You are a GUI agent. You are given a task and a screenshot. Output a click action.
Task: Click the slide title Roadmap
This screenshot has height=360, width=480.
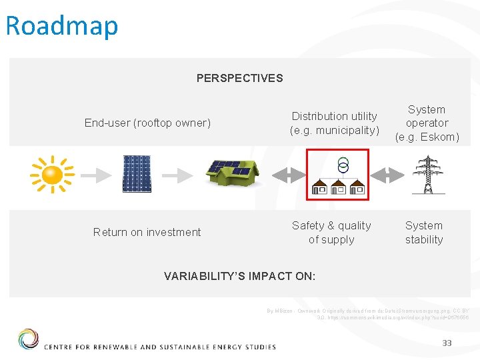point(61,26)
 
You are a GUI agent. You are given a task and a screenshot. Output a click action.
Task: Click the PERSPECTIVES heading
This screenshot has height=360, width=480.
point(239,78)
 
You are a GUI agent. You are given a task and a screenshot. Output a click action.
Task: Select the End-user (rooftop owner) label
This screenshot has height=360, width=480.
point(147,123)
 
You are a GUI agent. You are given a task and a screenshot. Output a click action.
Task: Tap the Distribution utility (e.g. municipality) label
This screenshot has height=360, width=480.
point(334,123)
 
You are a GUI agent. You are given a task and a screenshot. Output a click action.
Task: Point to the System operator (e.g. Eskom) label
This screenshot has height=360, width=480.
point(427,123)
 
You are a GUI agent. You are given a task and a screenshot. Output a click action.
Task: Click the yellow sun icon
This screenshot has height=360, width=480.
point(51,175)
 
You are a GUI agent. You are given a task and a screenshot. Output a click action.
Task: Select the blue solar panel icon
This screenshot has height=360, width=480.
point(137,174)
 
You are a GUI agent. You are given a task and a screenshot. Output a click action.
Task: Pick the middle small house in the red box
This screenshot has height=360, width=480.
point(338,187)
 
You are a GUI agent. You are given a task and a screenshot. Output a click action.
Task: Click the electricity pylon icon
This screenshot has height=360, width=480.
point(427,175)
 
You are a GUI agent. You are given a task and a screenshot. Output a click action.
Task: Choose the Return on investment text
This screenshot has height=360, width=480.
point(147,232)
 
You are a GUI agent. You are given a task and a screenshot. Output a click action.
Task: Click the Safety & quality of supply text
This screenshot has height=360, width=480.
point(331,233)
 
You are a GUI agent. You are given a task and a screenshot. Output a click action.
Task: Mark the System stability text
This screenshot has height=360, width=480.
point(424,233)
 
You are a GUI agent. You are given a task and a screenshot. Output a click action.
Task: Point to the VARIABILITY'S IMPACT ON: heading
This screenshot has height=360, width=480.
point(240,276)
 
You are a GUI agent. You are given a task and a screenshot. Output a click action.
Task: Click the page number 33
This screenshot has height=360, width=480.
point(447,343)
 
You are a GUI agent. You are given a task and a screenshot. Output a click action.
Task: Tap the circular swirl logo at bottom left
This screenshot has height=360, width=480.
point(28,339)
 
